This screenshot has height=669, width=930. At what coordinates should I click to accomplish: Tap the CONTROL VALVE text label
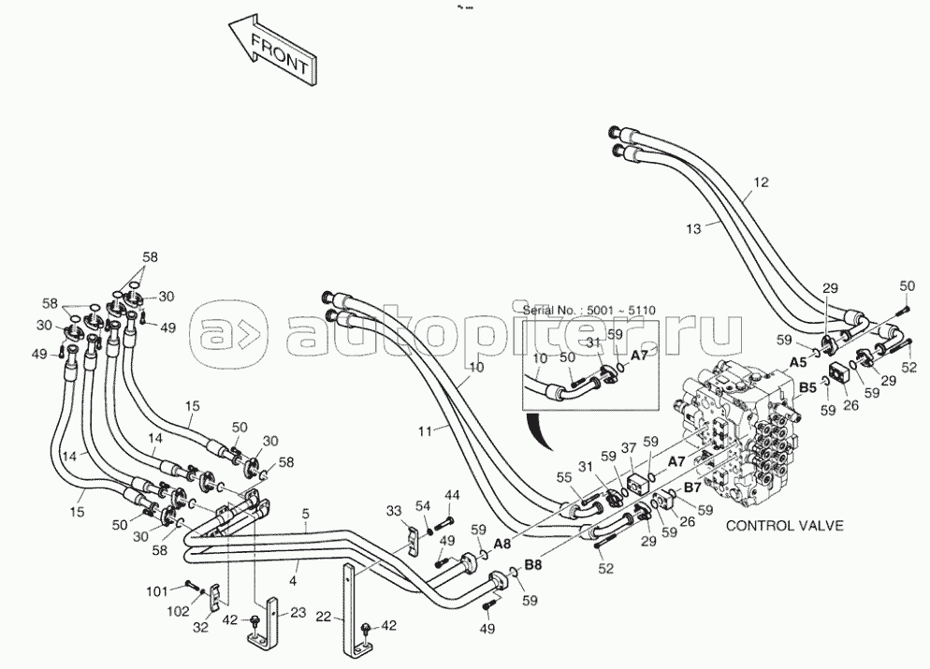point(784,526)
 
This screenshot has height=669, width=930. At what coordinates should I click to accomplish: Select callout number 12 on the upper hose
point(761,182)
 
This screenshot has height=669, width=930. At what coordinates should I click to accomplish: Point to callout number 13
point(692,228)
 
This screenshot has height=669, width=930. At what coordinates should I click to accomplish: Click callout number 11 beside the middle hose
point(425,431)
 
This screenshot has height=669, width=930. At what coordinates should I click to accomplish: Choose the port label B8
point(533,565)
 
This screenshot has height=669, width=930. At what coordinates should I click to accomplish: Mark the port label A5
point(798,362)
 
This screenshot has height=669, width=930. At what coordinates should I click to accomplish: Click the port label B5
point(807,388)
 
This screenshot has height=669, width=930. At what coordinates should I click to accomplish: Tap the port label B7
point(693,487)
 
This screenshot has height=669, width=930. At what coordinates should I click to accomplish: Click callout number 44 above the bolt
point(452,495)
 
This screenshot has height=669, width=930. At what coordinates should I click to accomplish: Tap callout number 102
point(179,610)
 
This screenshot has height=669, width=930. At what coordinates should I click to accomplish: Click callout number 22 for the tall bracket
point(323,617)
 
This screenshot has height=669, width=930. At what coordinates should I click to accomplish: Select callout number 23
point(298,612)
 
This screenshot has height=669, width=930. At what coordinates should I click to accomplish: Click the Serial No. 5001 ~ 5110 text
point(589,311)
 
